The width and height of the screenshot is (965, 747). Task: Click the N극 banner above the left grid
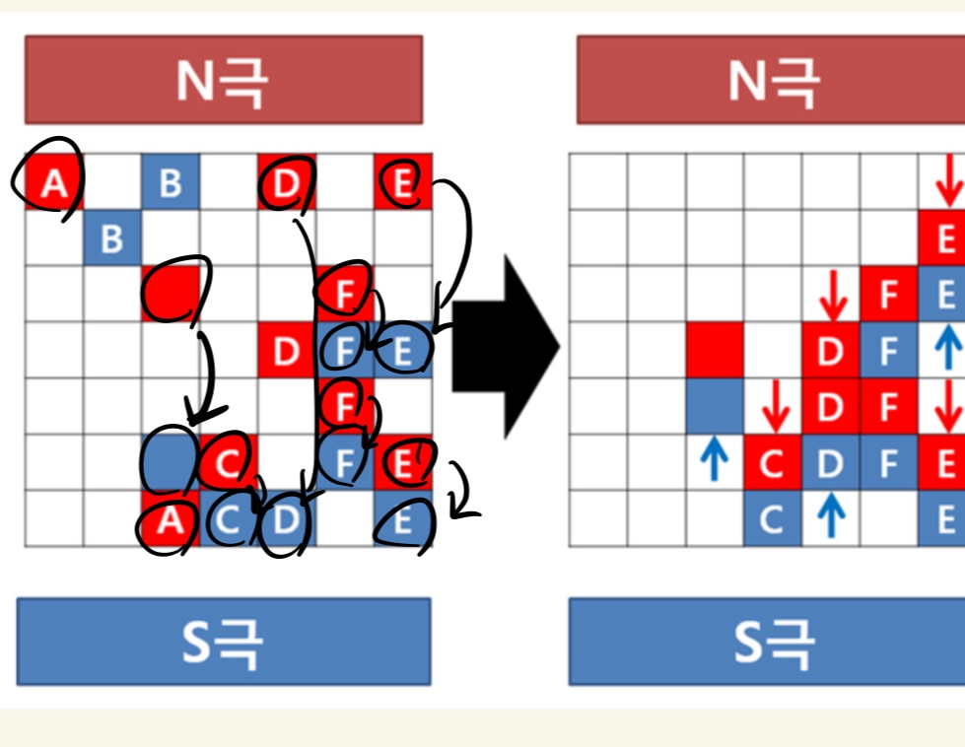coord(224,80)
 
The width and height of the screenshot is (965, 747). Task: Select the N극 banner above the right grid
coord(771,80)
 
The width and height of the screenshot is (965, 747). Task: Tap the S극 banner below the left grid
coord(224,642)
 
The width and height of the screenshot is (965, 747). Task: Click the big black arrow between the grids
coord(505,346)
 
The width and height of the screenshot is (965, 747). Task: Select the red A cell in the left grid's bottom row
coord(171,519)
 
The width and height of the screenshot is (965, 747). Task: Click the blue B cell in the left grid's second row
coord(112,238)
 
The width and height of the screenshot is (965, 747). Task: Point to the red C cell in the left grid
coord(229,463)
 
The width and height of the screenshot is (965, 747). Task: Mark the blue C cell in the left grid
coord(229,519)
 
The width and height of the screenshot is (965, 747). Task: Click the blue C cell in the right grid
coord(773,519)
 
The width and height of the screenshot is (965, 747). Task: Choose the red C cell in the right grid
coord(773,463)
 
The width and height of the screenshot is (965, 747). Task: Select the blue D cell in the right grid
coord(831,463)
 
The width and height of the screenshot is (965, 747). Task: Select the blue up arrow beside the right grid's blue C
coord(831,517)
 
